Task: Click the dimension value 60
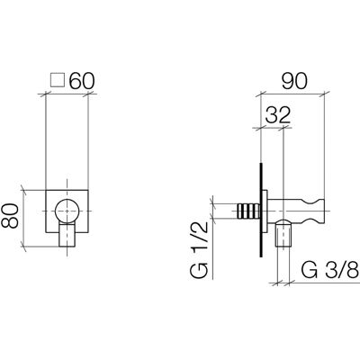pyautogui.click(x=82, y=81)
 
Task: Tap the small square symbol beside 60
pyautogui.click(x=58, y=80)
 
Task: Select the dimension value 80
pyautogui.click(x=10, y=216)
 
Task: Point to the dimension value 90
pyautogui.click(x=294, y=81)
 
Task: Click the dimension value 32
pyautogui.click(x=278, y=115)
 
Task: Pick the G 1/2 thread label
pyautogui.click(x=199, y=250)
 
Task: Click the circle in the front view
pyautogui.click(x=67, y=211)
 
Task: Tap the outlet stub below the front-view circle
pyautogui.click(x=67, y=235)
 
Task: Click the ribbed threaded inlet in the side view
pyautogui.click(x=248, y=211)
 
